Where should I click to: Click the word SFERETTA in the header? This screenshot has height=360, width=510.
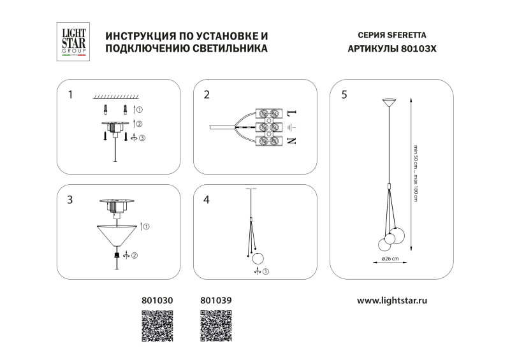click(415, 36)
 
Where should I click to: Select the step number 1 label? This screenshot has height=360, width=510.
click(70, 95)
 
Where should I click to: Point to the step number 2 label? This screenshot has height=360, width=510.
click(207, 95)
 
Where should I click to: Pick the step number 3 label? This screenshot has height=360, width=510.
click(70, 199)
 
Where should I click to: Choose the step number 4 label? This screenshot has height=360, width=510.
click(207, 199)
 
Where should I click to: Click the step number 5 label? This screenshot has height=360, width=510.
click(344, 95)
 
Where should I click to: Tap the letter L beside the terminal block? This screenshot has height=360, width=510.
click(291, 113)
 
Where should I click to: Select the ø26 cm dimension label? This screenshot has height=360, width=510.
click(390, 258)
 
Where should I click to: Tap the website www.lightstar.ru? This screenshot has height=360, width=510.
click(391, 298)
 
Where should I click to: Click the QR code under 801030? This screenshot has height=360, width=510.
click(157, 326)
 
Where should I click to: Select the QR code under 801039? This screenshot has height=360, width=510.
click(217, 326)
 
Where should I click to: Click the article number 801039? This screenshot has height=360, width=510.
click(216, 298)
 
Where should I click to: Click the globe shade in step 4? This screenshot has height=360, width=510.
click(258, 259)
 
